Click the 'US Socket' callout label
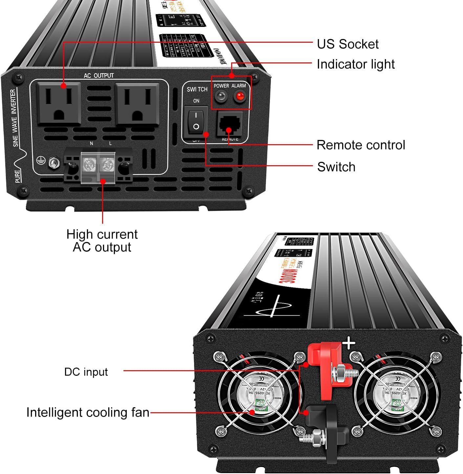[347, 44]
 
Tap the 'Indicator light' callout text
[355, 64]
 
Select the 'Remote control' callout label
[361, 145]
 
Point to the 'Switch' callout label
[336, 167]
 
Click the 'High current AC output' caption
[102, 241]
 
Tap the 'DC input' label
[86, 372]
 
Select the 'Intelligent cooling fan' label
[88, 413]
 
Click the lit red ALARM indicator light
[240, 96]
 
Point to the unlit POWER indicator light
[221, 96]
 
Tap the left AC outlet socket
[59, 103]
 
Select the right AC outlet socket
[137, 104]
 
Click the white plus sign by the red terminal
[348, 344]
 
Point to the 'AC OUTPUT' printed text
[99, 76]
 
